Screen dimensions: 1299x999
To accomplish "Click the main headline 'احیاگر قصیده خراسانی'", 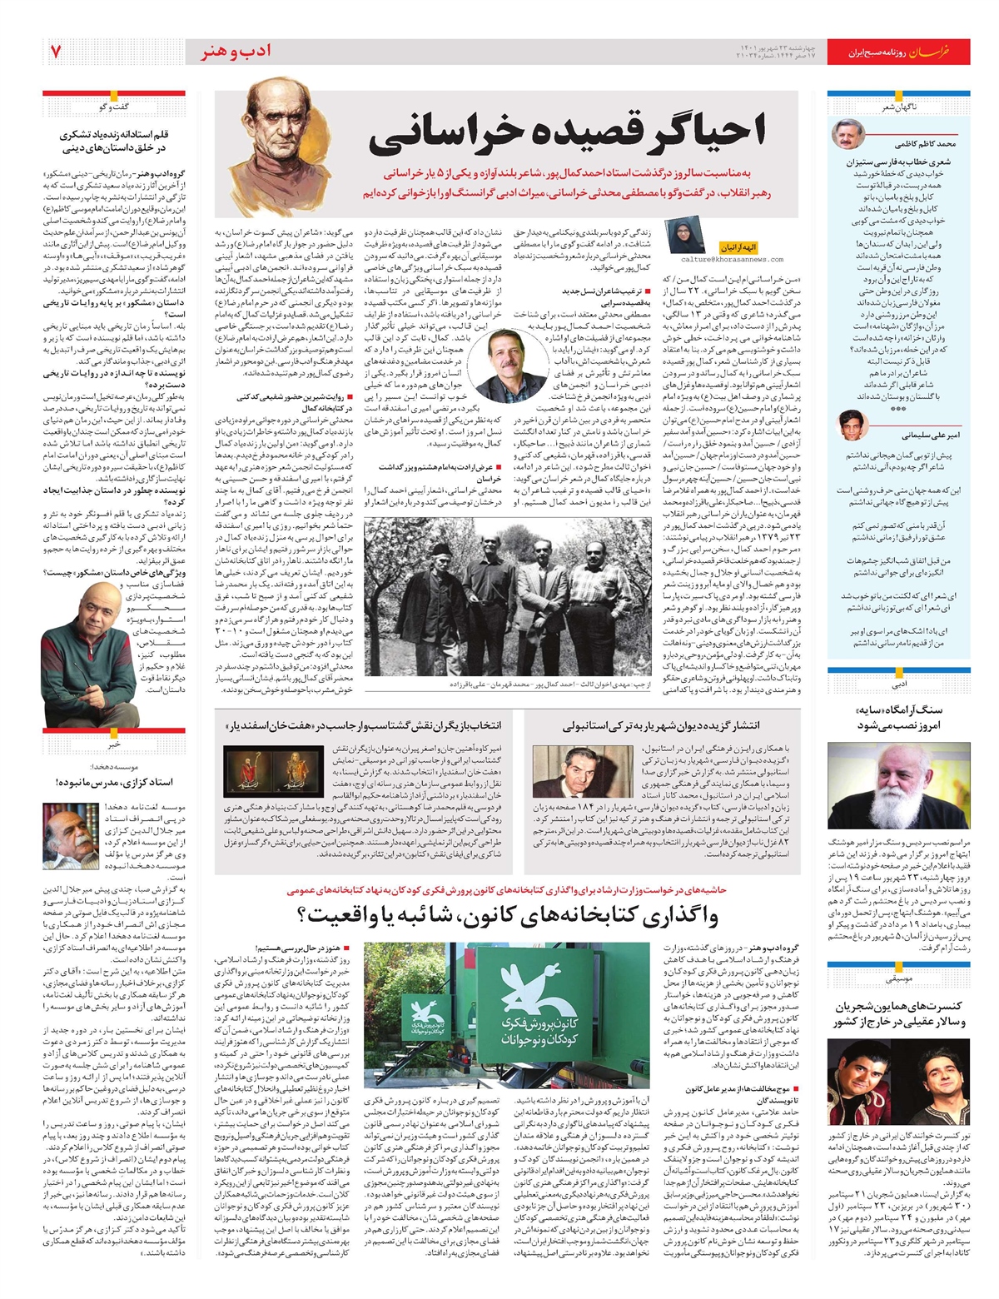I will [x=566, y=132].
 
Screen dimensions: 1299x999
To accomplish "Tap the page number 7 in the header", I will [x=56, y=52].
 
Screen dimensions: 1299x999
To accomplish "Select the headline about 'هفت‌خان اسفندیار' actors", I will [x=375, y=725].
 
